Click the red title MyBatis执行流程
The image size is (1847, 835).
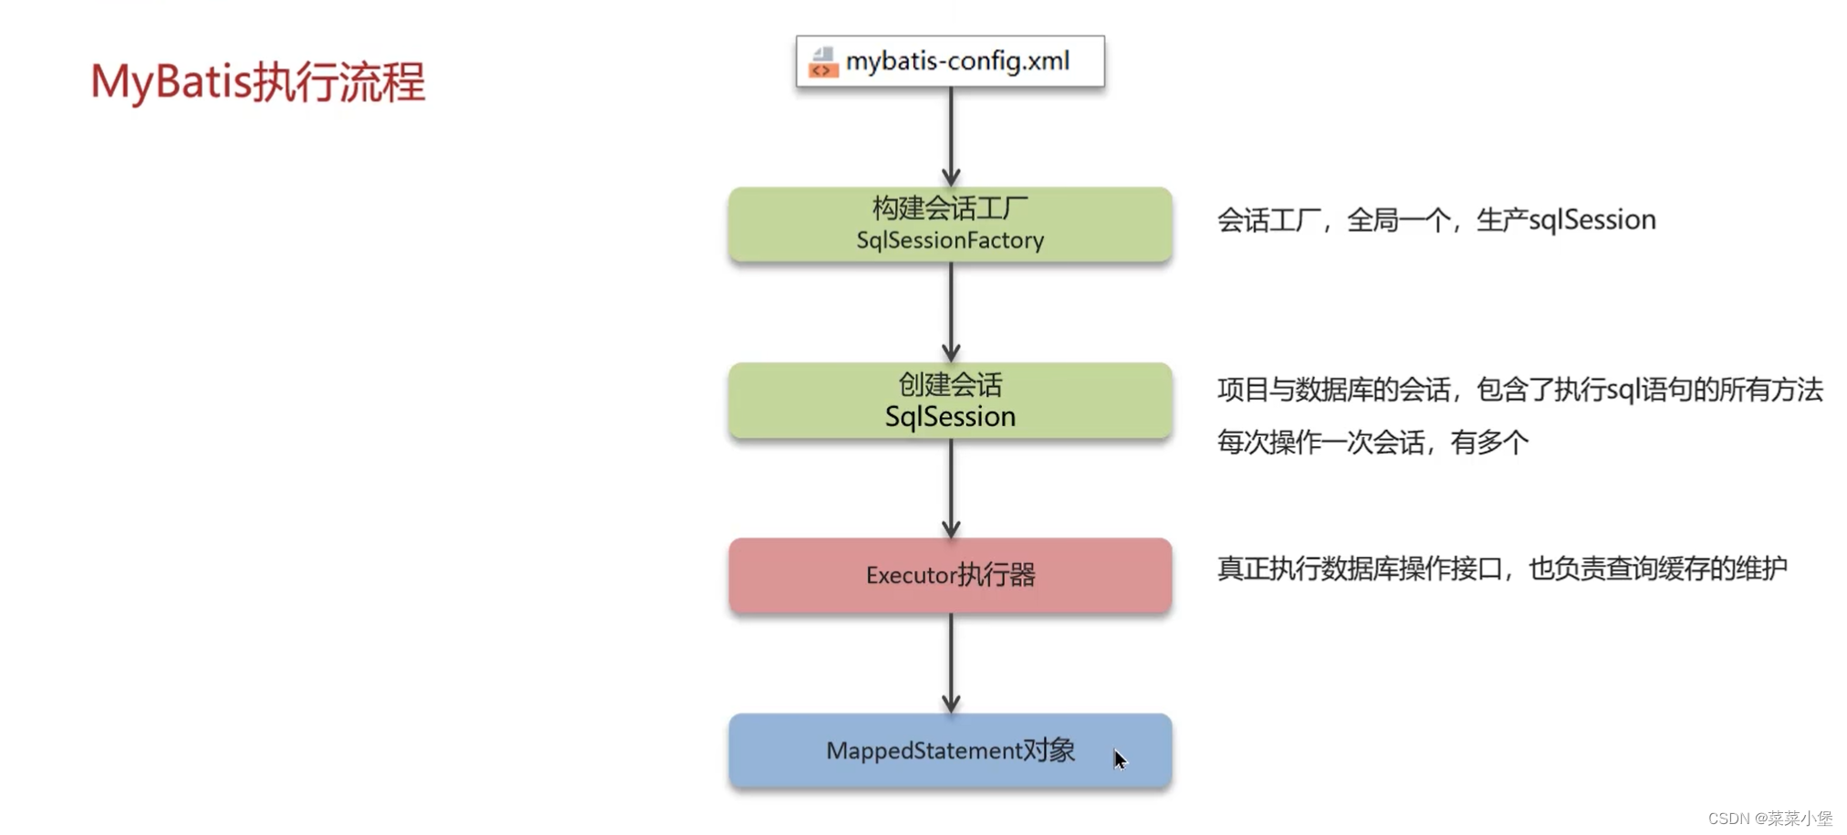[257, 82]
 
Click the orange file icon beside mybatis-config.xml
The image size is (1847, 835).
[822, 62]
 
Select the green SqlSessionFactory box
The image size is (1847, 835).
[950, 224]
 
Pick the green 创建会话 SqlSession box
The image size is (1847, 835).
[950, 401]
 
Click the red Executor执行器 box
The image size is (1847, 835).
[950, 575]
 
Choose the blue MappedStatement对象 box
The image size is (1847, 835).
[950, 750]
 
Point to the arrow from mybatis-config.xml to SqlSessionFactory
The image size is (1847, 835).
[951, 137]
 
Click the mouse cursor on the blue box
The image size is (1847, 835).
[1120, 759]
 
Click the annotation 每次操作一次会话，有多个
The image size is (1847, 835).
[1372, 443]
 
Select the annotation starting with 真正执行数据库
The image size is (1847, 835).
[1502, 569]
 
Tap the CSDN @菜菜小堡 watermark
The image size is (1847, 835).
[1769, 819]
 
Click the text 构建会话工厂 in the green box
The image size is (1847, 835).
[950, 209]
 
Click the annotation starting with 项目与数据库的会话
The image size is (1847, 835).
[1519, 391]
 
